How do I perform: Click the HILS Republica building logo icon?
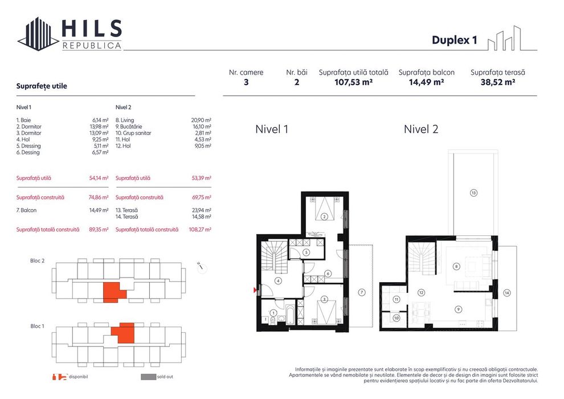click(x=39, y=34)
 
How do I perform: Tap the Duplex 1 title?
click(x=454, y=39)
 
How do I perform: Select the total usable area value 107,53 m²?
click(x=353, y=82)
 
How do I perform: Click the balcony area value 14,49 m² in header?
click(x=426, y=82)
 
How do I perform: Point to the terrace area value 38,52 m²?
click(x=498, y=82)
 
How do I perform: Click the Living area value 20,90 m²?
click(x=201, y=120)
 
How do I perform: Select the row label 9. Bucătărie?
click(x=129, y=127)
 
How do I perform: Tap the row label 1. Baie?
click(x=23, y=120)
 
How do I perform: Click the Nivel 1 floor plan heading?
click(x=272, y=129)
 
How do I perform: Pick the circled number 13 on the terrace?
click(x=473, y=193)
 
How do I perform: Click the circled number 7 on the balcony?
click(x=362, y=292)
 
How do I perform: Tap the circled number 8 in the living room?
click(x=456, y=267)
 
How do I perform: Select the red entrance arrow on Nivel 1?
click(x=256, y=290)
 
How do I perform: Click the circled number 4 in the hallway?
click(x=278, y=281)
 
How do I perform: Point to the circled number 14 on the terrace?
click(x=507, y=293)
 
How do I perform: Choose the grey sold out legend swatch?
click(x=148, y=377)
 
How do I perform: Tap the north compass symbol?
click(x=202, y=268)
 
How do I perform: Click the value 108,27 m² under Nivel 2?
click(x=200, y=230)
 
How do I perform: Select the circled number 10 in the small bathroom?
click(x=397, y=318)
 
